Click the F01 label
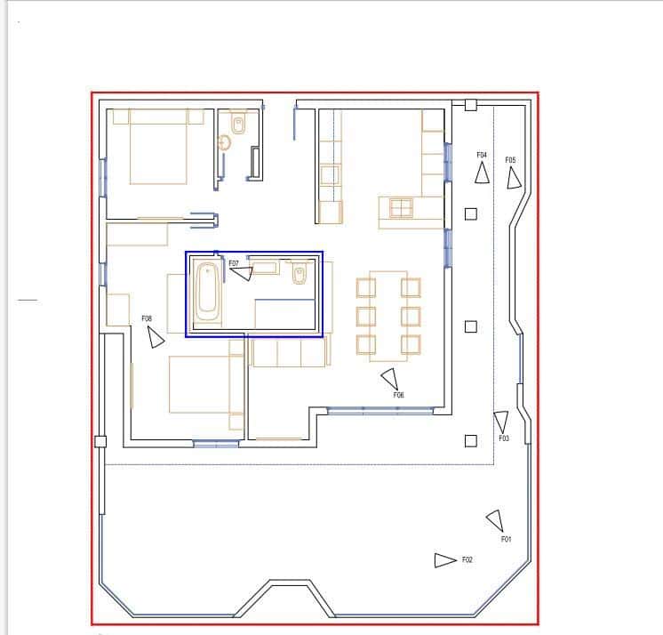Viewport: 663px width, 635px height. coord(506,539)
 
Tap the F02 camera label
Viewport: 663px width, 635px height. coord(467,560)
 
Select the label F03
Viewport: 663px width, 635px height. coord(504,438)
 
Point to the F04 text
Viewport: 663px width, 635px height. coord(482,155)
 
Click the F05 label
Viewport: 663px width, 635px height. coord(511,160)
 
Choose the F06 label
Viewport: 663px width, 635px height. coord(399,395)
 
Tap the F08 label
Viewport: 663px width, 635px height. coord(147,318)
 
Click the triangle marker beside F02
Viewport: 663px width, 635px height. coord(443,560)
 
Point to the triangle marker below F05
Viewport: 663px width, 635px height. coord(514,179)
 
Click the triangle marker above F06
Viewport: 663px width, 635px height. coord(389,379)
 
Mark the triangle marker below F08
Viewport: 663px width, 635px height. coord(156,337)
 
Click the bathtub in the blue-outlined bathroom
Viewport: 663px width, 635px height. coord(207,291)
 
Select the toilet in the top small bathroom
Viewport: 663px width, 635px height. coord(237,123)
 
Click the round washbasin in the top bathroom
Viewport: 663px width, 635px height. coord(225,141)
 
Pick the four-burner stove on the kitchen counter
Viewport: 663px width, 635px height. coord(401,208)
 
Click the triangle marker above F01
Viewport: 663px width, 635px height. coord(495,520)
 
